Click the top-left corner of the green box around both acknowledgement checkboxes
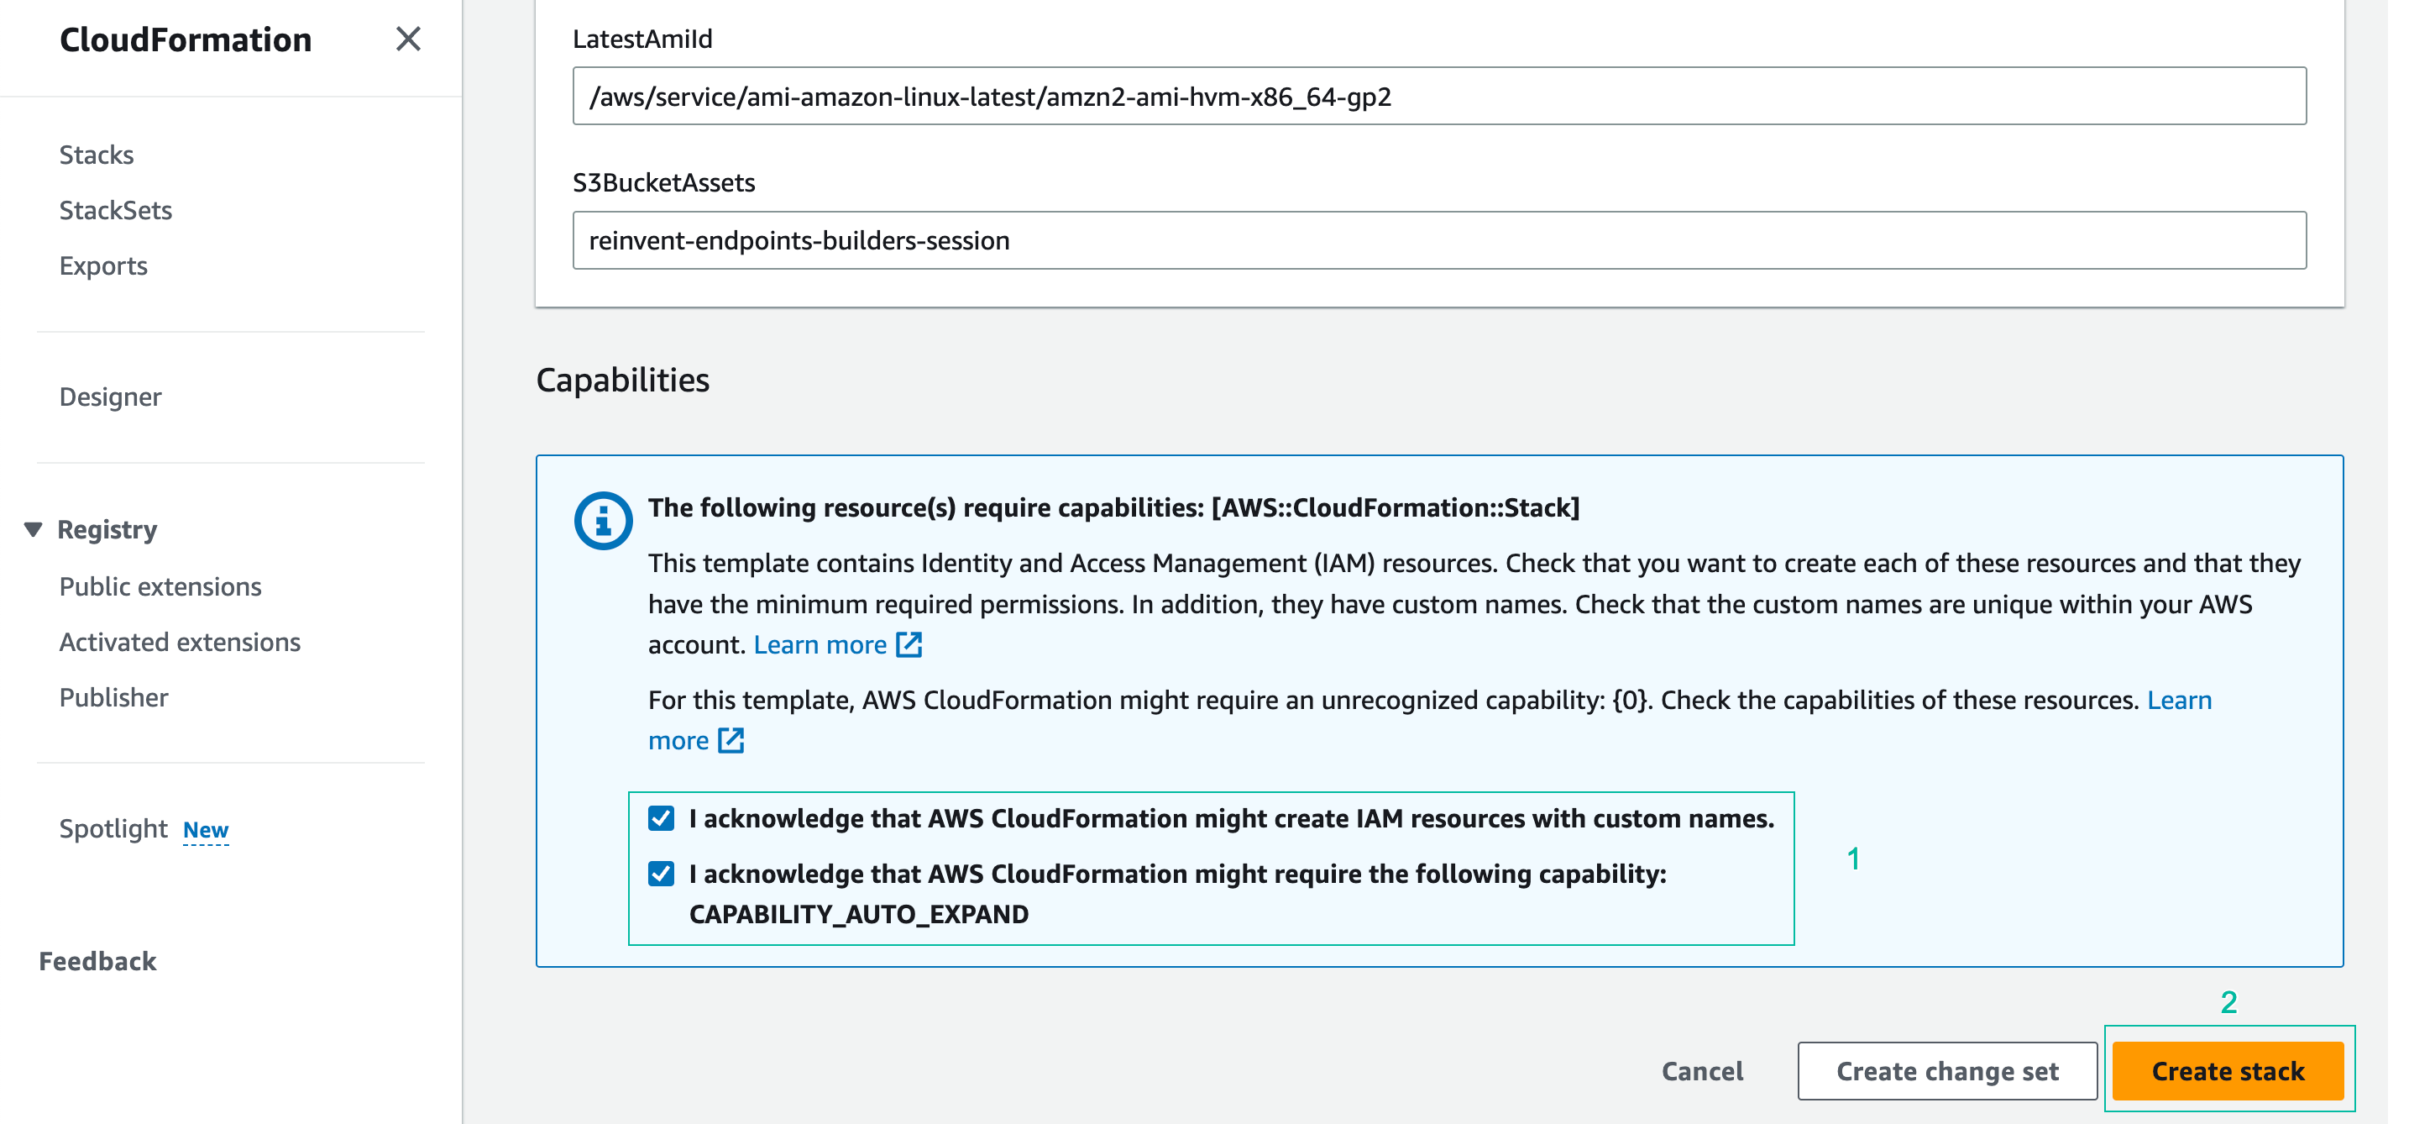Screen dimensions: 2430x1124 629,793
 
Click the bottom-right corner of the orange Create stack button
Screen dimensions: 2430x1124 2344,1100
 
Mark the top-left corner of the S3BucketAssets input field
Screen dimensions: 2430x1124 573,213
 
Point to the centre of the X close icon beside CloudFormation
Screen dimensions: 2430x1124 408,39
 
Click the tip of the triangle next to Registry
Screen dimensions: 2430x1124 33,537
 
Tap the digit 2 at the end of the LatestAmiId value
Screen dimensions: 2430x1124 1383,97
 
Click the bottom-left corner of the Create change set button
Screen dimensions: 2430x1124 1799,1100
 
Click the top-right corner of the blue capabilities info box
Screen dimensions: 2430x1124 2344,456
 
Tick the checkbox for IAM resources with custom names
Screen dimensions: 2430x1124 662,818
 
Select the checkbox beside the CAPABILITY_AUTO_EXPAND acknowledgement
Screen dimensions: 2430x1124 662,874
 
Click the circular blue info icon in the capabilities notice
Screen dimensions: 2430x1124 603,520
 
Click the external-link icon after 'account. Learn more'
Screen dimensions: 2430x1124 909,644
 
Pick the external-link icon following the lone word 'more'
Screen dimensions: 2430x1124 731,741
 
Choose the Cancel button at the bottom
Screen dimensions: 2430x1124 1702,1071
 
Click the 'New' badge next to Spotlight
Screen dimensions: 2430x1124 206,829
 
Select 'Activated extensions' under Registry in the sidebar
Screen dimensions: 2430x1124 181,642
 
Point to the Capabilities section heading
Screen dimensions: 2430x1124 622,380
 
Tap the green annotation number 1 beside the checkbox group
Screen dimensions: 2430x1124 1854,859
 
